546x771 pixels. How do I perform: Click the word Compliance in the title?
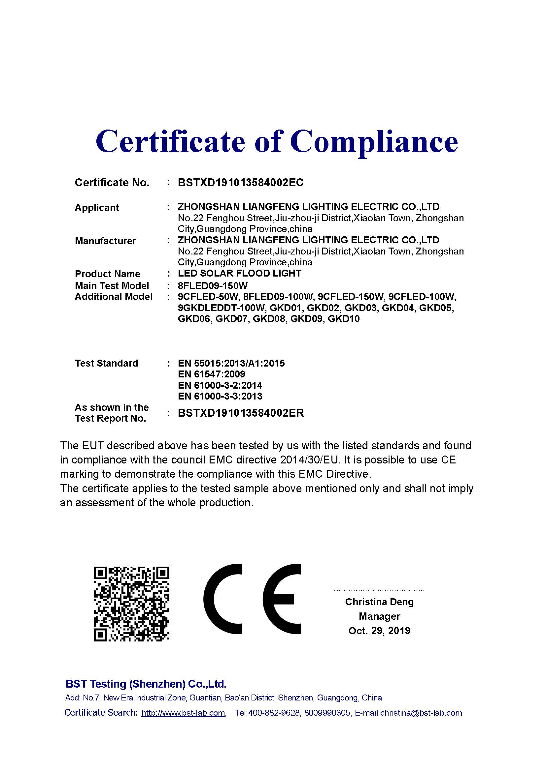374,142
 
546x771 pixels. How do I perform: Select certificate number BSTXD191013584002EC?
240,183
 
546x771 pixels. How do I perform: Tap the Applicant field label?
97,208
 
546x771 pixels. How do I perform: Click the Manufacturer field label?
105,241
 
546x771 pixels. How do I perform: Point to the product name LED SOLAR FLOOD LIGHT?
239,273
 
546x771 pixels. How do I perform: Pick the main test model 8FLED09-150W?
213,286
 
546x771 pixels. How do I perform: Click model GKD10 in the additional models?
344,319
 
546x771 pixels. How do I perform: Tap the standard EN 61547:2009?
212,374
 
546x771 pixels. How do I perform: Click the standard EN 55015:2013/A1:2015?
231,363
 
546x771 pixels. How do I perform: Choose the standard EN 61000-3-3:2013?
220,396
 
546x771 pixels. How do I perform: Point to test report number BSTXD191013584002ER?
241,413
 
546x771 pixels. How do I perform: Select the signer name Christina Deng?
379,602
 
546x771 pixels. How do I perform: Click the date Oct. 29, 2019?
379,631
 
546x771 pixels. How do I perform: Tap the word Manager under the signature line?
379,616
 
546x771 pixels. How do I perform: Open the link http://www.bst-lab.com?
183,713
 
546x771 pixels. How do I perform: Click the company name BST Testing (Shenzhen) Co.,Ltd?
146,684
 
